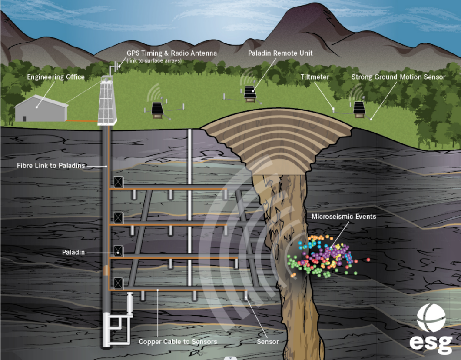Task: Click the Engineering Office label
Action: click(x=56, y=77)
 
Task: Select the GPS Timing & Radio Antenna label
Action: click(x=172, y=53)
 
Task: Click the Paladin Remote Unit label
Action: click(x=280, y=53)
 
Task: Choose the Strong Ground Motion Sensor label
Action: click(x=398, y=77)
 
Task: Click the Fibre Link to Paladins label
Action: click(x=51, y=166)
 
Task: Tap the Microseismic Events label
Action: click(x=344, y=216)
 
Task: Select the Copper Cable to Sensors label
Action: click(x=178, y=342)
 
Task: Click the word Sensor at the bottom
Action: click(x=268, y=342)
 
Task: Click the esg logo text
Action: click(x=431, y=343)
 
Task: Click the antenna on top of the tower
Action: click(x=115, y=67)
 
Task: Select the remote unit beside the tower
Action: click(x=157, y=109)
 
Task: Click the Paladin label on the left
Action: click(x=73, y=252)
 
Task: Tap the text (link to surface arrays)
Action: click(x=154, y=60)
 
